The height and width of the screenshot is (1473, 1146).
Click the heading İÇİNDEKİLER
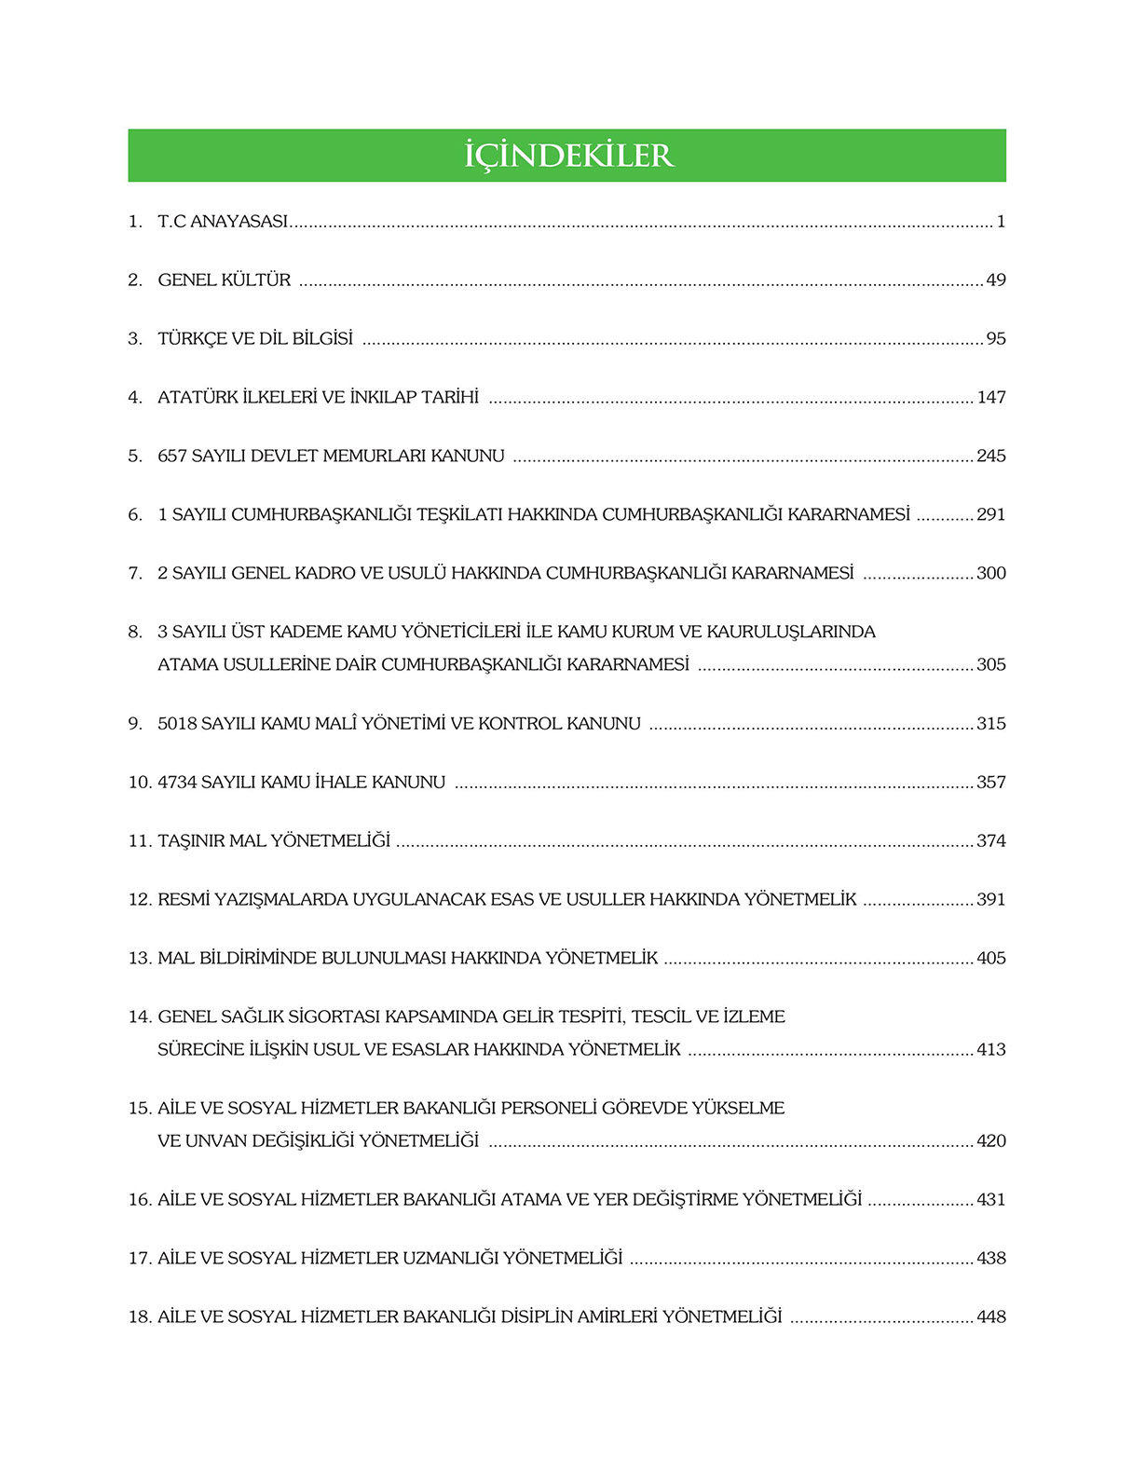pos(567,156)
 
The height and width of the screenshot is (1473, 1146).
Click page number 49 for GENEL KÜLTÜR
pos(996,280)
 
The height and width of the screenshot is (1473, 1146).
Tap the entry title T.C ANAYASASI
pos(223,222)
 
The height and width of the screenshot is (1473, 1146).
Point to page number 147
pos(991,398)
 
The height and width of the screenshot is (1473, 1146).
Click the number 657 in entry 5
pos(172,457)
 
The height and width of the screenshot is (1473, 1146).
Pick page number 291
pos(991,515)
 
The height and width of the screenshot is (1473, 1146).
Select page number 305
pos(991,665)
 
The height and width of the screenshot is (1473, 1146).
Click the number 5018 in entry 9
pos(177,724)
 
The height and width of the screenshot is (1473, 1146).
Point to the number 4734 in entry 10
pos(177,783)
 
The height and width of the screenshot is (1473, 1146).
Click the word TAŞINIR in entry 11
pos(191,841)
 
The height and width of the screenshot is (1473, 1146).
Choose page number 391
pos(991,900)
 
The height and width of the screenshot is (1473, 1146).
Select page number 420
pos(991,1141)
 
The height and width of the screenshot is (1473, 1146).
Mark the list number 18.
pos(139,1317)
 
